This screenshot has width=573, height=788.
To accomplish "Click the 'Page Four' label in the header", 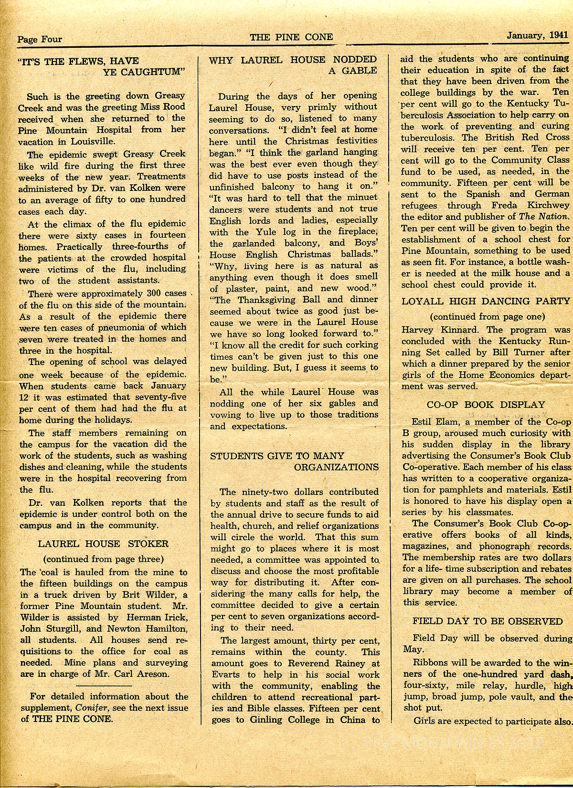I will point(40,39).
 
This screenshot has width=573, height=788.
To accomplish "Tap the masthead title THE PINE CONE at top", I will point(291,37).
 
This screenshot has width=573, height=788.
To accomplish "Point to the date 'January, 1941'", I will point(536,35).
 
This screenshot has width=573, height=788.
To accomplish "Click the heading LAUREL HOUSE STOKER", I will point(103,544).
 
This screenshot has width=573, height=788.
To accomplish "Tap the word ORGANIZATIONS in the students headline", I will point(336,467).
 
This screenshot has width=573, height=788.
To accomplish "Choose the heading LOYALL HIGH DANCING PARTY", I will point(486,301).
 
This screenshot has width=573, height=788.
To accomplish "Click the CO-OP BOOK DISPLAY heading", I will point(486,405).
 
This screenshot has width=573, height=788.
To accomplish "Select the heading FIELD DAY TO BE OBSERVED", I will point(488,621).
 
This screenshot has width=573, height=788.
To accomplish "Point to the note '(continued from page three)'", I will point(103,559).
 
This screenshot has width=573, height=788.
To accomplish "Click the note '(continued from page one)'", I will point(487,316).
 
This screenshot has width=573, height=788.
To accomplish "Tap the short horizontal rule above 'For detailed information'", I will point(104,685).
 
